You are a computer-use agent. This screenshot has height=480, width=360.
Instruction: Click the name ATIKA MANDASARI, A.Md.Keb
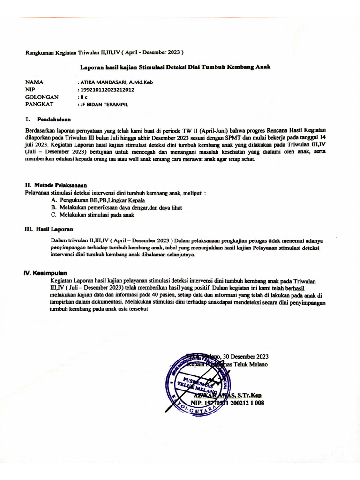(116, 82)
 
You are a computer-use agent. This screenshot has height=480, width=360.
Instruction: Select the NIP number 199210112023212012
(107, 90)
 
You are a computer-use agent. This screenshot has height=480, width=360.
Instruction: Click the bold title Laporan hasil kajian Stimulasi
(175, 67)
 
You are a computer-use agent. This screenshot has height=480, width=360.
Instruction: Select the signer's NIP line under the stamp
(227, 402)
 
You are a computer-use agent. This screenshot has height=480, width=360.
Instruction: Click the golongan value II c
(83, 97)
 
